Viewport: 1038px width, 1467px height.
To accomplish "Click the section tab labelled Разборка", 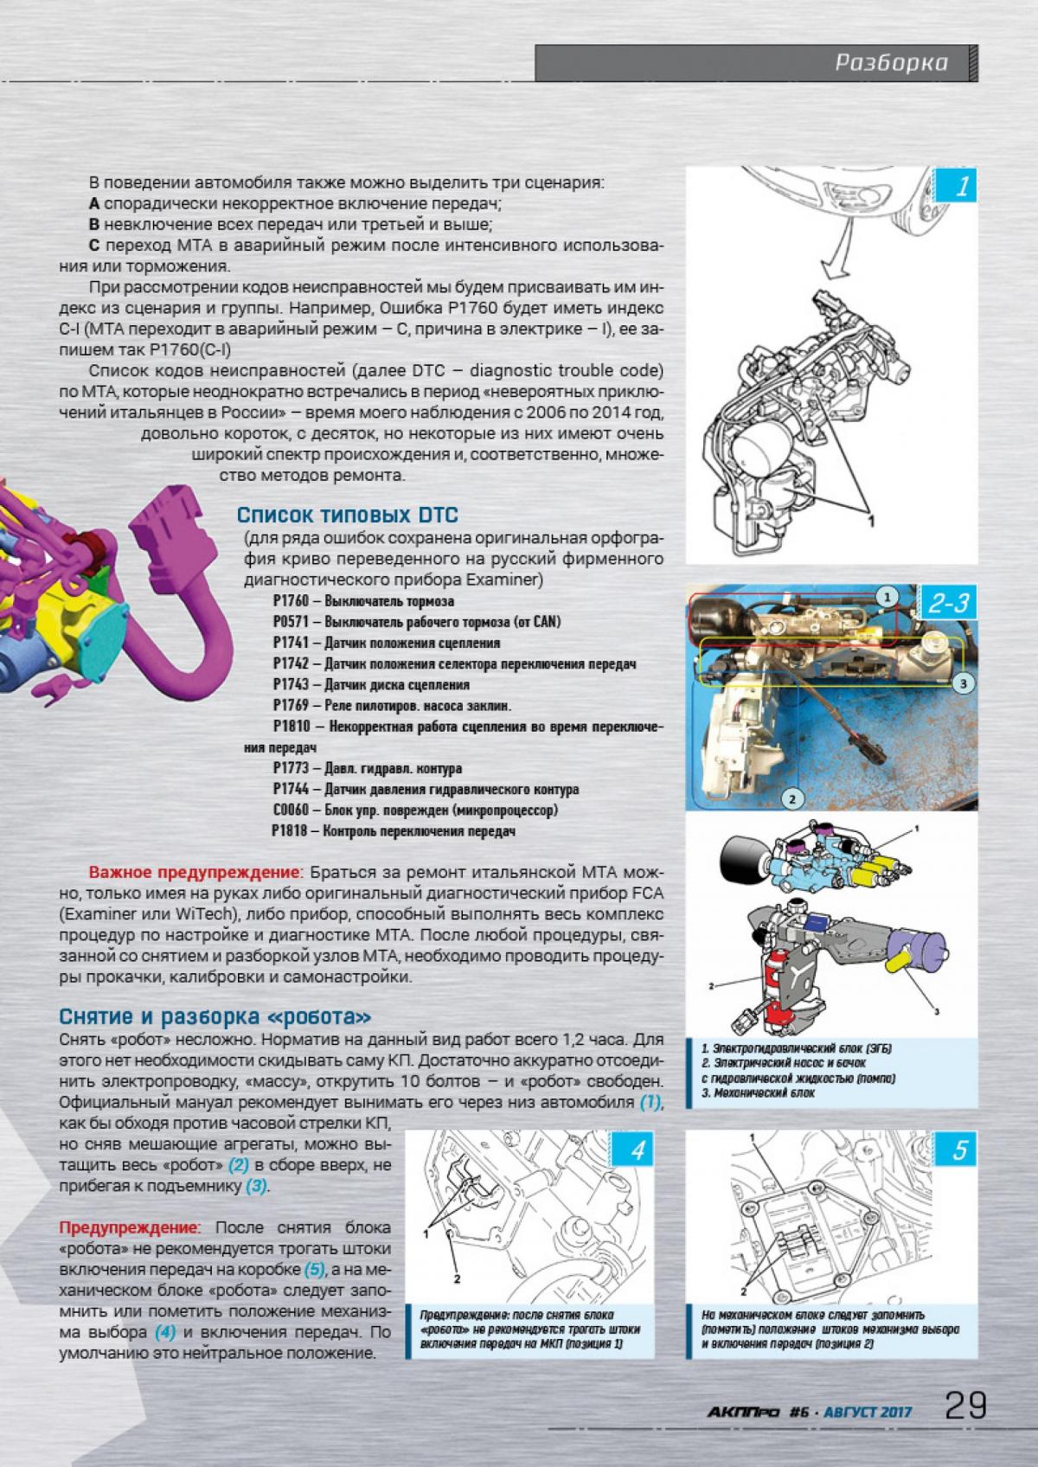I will pyautogui.click(x=891, y=62).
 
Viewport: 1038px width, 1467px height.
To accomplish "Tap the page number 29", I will pyautogui.click(x=964, y=1406).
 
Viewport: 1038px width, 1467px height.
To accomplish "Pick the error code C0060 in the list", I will pyautogui.click(x=291, y=810).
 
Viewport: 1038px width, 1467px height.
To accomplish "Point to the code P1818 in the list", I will pyautogui.click(x=291, y=831).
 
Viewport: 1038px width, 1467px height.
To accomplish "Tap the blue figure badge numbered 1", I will pyautogui.click(x=961, y=188).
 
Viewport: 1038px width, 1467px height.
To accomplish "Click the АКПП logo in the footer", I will pyautogui.click(x=732, y=1411).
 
